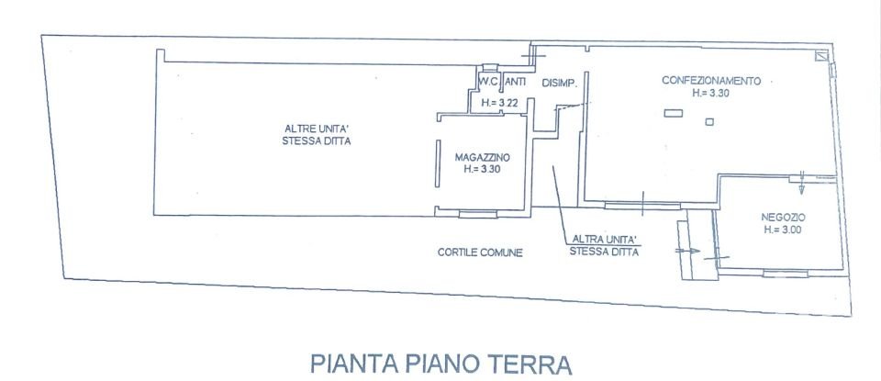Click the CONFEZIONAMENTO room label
[x=711, y=81]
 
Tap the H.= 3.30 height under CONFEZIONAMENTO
[x=711, y=93]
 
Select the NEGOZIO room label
[x=782, y=218]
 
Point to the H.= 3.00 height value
[x=782, y=230]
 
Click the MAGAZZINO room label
[x=482, y=157]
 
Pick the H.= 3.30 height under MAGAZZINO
[x=482, y=170]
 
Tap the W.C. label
[x=487, y=83]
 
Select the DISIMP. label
[x=559, y=84]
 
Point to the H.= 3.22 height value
[x=501, y=104]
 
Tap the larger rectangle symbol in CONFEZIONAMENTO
[x=674, y=113]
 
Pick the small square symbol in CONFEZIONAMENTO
[x=708, y=121]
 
